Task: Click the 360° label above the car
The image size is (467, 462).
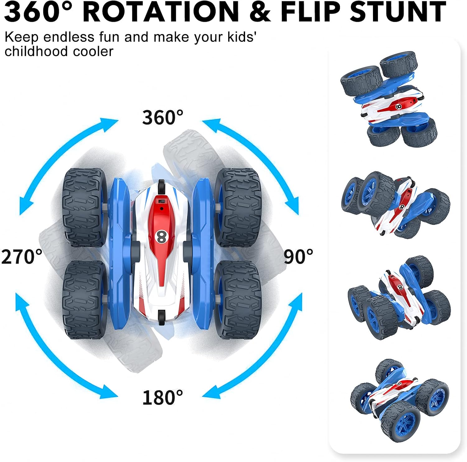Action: (163, 118)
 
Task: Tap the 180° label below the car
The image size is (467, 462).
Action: (163, 397)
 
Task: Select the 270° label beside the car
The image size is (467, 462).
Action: (22, 257)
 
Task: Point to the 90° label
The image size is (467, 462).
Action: (298, 257)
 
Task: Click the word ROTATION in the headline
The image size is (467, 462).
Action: (161, 12)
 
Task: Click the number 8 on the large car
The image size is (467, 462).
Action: (161, 237)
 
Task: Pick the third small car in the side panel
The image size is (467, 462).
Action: (399, 298)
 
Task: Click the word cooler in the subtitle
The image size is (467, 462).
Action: (93, 51)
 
